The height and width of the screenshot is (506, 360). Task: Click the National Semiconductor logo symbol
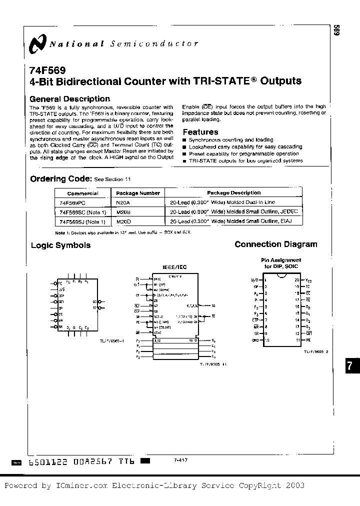click(38, 43)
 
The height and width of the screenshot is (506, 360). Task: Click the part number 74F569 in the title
click(47, 71)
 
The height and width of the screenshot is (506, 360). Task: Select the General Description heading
click(70, 99)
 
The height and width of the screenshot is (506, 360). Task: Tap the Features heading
click(200, 132)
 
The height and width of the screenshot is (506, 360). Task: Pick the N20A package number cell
click(122, 202)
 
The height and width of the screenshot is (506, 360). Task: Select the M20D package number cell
click(123, 221)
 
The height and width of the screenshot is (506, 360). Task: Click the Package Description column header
click(233, 192)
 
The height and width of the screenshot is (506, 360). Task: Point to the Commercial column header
click(82, 193)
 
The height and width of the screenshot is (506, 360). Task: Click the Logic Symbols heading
click(60, 245)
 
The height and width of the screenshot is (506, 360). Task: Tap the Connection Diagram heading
click(275, 244)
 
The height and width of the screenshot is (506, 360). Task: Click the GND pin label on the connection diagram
click(255, 339)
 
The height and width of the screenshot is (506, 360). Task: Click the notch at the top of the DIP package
click(282, 277)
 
